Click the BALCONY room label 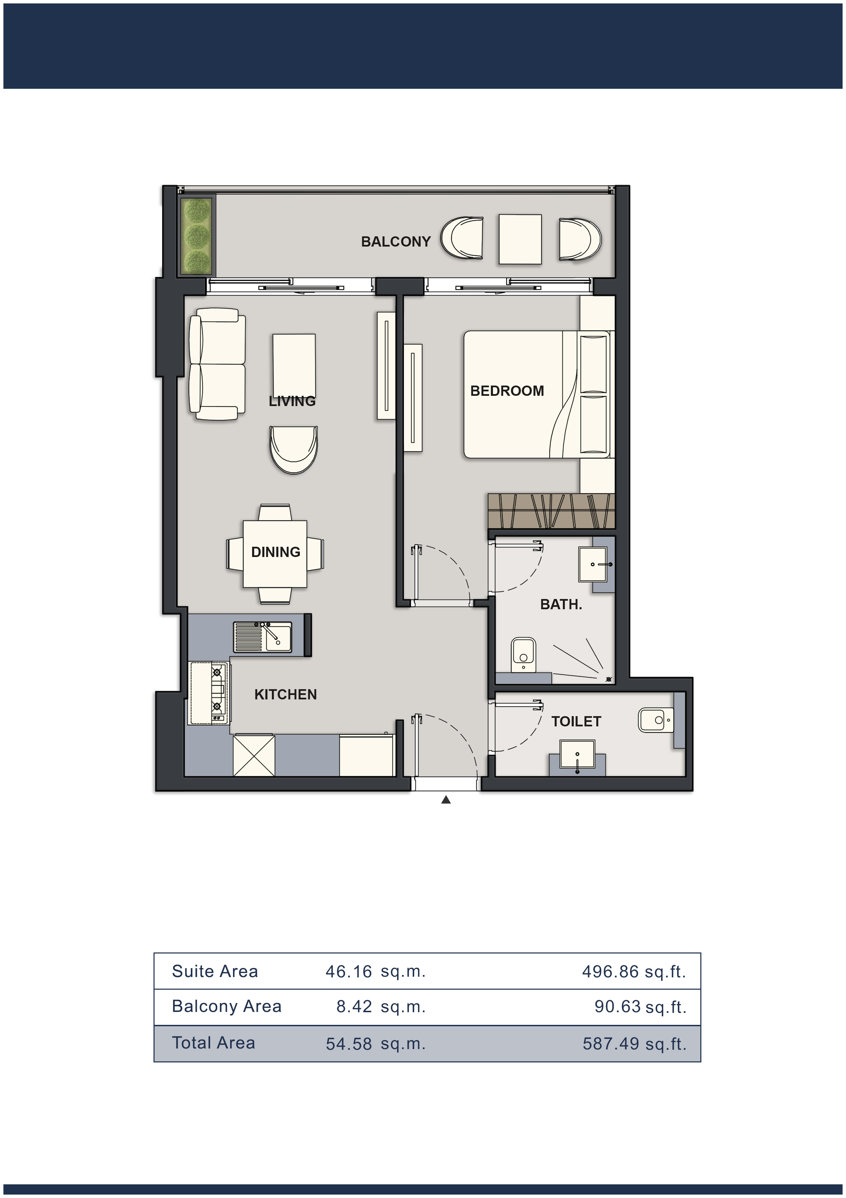(x=396, y=241)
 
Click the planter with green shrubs (x=196, y=236)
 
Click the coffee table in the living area (x=294, y=365)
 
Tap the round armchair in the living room (x=293, y=450)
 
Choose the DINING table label (x=275, y=552)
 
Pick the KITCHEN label (x=285, y=695)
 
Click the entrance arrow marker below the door (x=446, y=799)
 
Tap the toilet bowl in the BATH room (x=523, y=655)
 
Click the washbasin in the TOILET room (x=577, y=754)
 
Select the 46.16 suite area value (x=349, y=972)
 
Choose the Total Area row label (x=214, y=1043)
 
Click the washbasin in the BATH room (x=593, y=564)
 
